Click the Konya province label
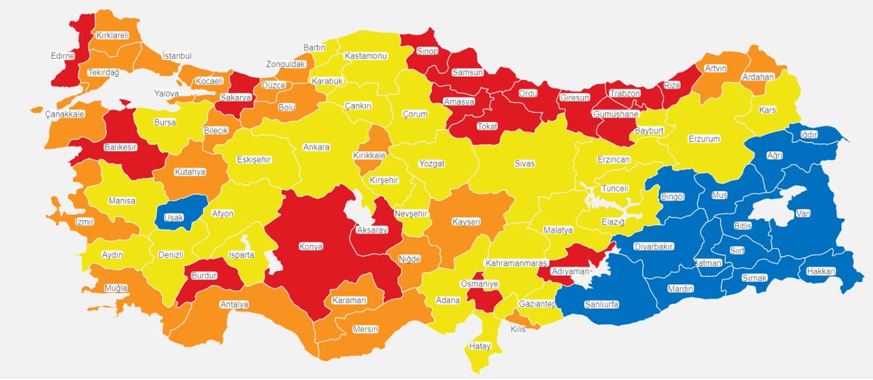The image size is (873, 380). [311, 246]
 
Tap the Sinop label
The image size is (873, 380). [426, 51]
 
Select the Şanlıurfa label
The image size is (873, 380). [601, 304]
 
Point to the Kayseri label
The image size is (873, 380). [465, 220]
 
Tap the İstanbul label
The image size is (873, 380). [176, 56]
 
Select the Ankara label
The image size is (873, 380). [316, 147]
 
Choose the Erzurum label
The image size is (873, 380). [703, 139]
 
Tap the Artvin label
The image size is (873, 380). [716, 68]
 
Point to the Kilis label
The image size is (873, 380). [517, 329]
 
